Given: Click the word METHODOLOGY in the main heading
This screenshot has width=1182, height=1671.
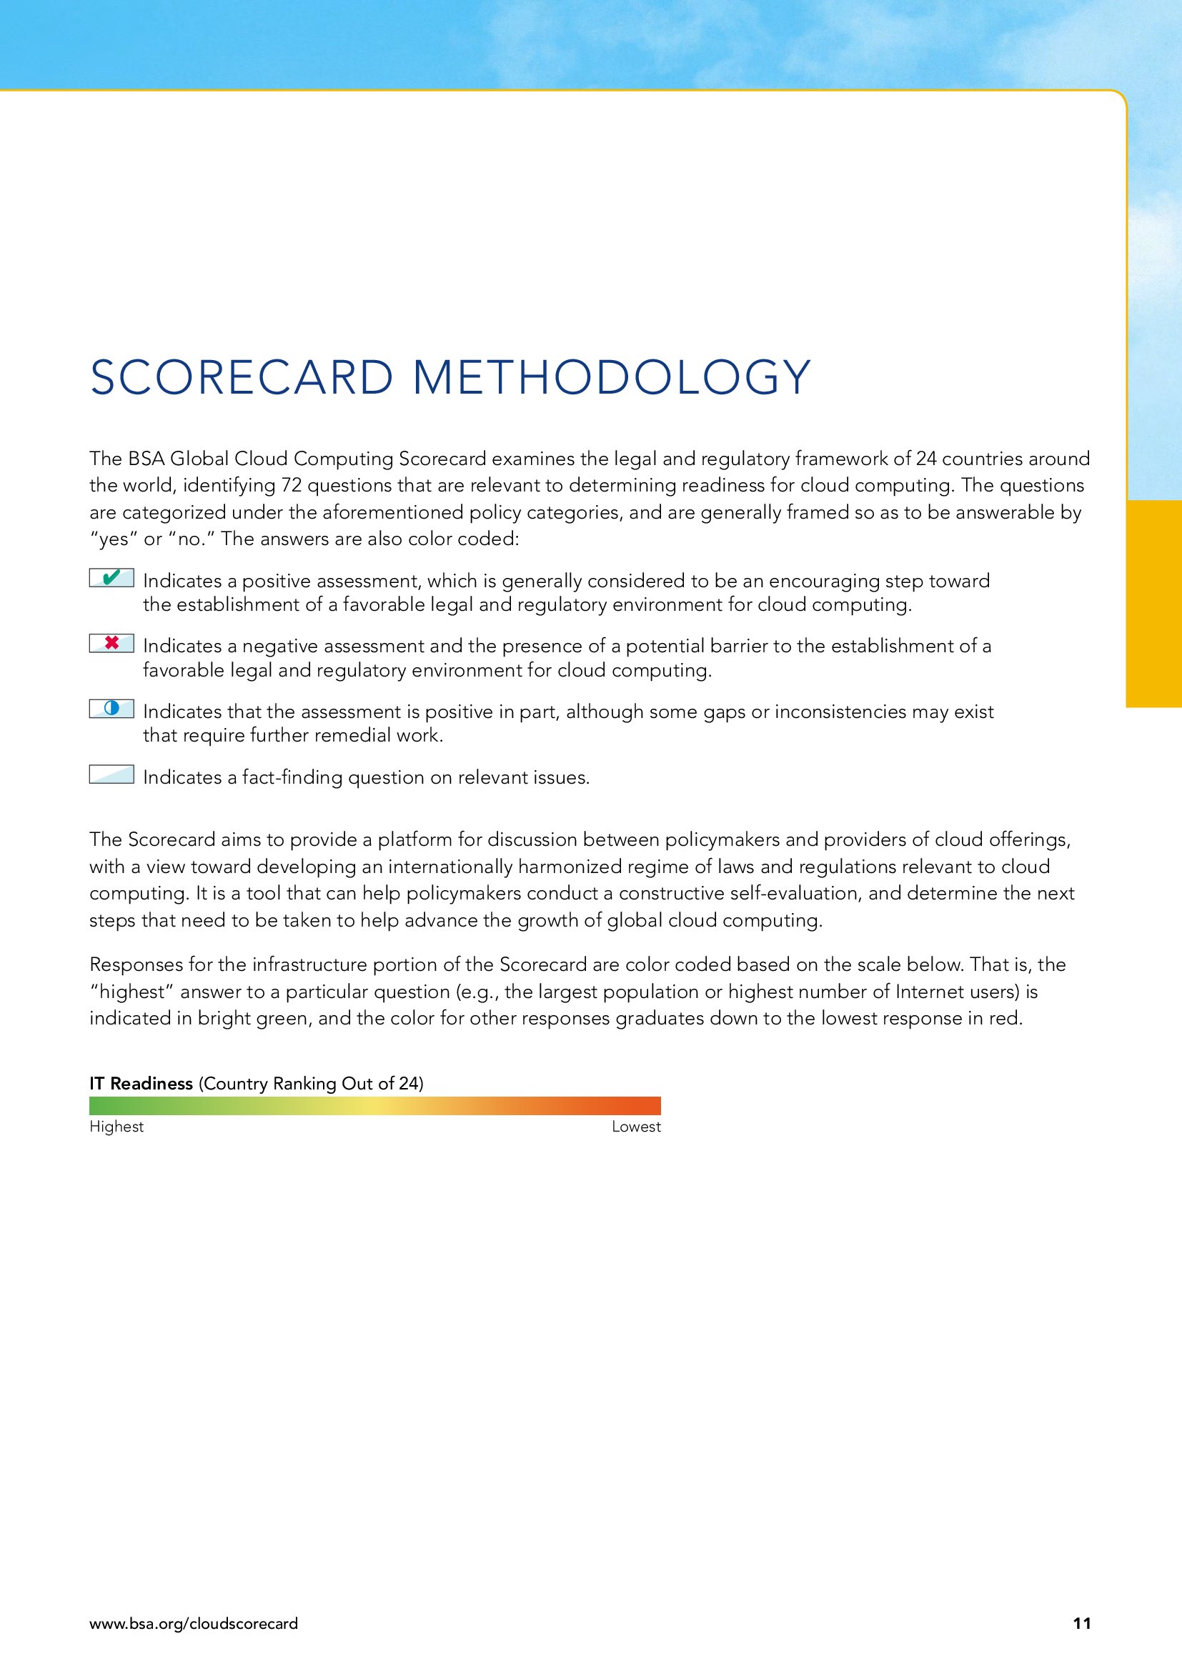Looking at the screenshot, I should pyautogui.click(x=612, y=378).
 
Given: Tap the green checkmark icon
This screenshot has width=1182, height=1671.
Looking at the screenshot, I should pyautogui.click(x=111, y=579).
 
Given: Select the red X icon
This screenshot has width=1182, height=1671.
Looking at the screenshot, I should pyautogui.click(x=111, y=644).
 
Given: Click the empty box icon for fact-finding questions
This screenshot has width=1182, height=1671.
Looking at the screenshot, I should pyautogui.click(x=111, y=774).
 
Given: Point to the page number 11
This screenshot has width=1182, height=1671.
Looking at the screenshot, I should pyautogui.click(x=1081, y=1623).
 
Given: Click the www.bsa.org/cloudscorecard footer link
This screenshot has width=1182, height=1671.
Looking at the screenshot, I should pyautogui.click(x=194, y=1623).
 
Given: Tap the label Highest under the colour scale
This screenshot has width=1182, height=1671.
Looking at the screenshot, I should pyautogui.click(x=116, y=1127).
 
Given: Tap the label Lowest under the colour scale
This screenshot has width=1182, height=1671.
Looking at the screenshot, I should pyautogui.click(x=636, y=1127).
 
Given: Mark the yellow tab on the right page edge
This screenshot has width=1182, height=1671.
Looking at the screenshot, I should pyautogui.click(x=1153, y=604).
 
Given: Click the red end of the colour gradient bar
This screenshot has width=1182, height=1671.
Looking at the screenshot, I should pyautogui.click(x=652, y=1106).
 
